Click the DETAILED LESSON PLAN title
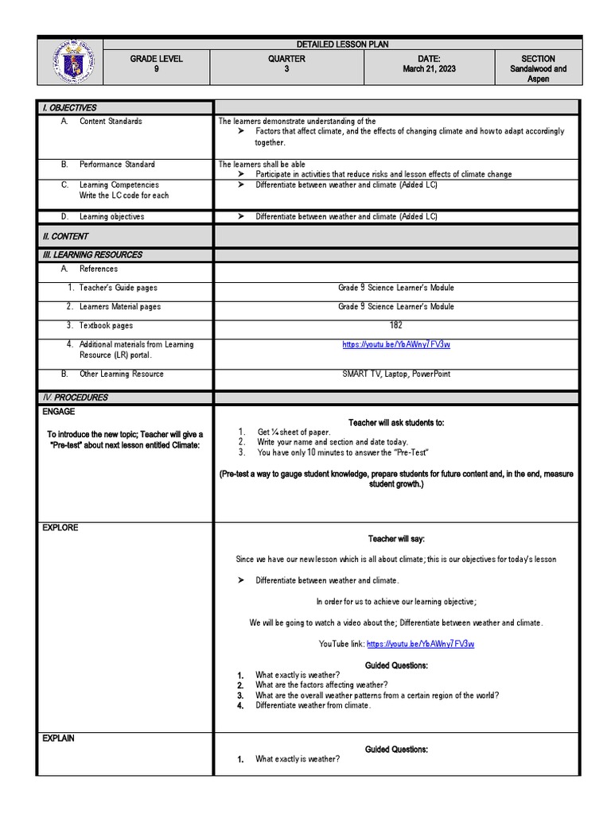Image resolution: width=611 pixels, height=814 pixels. (x=343, y=45)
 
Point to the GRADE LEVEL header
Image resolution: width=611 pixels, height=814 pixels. (x=156, y=59)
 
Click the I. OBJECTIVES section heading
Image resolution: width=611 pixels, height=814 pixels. (x=69, y=108)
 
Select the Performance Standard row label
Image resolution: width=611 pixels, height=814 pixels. (x=117, y=165)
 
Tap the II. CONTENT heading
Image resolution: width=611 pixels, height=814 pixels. (x=65, y=236)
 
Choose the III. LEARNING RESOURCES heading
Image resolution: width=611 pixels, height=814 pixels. (x=91, y=255)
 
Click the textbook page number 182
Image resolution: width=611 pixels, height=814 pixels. (x=396, y=325)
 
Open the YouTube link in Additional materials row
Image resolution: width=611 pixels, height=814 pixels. (x=396, y=345)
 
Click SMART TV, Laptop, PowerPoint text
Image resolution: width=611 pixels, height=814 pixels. (x=396, y=374)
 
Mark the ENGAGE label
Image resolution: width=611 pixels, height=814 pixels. (x=59, y=412)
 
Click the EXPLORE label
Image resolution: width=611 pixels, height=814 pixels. (x=60, y=528)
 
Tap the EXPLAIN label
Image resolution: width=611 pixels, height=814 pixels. (x=59, y=738)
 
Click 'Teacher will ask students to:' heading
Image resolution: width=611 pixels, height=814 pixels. (x=396, y=423)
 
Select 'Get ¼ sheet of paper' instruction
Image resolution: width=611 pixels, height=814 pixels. (x=294, y=432)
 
